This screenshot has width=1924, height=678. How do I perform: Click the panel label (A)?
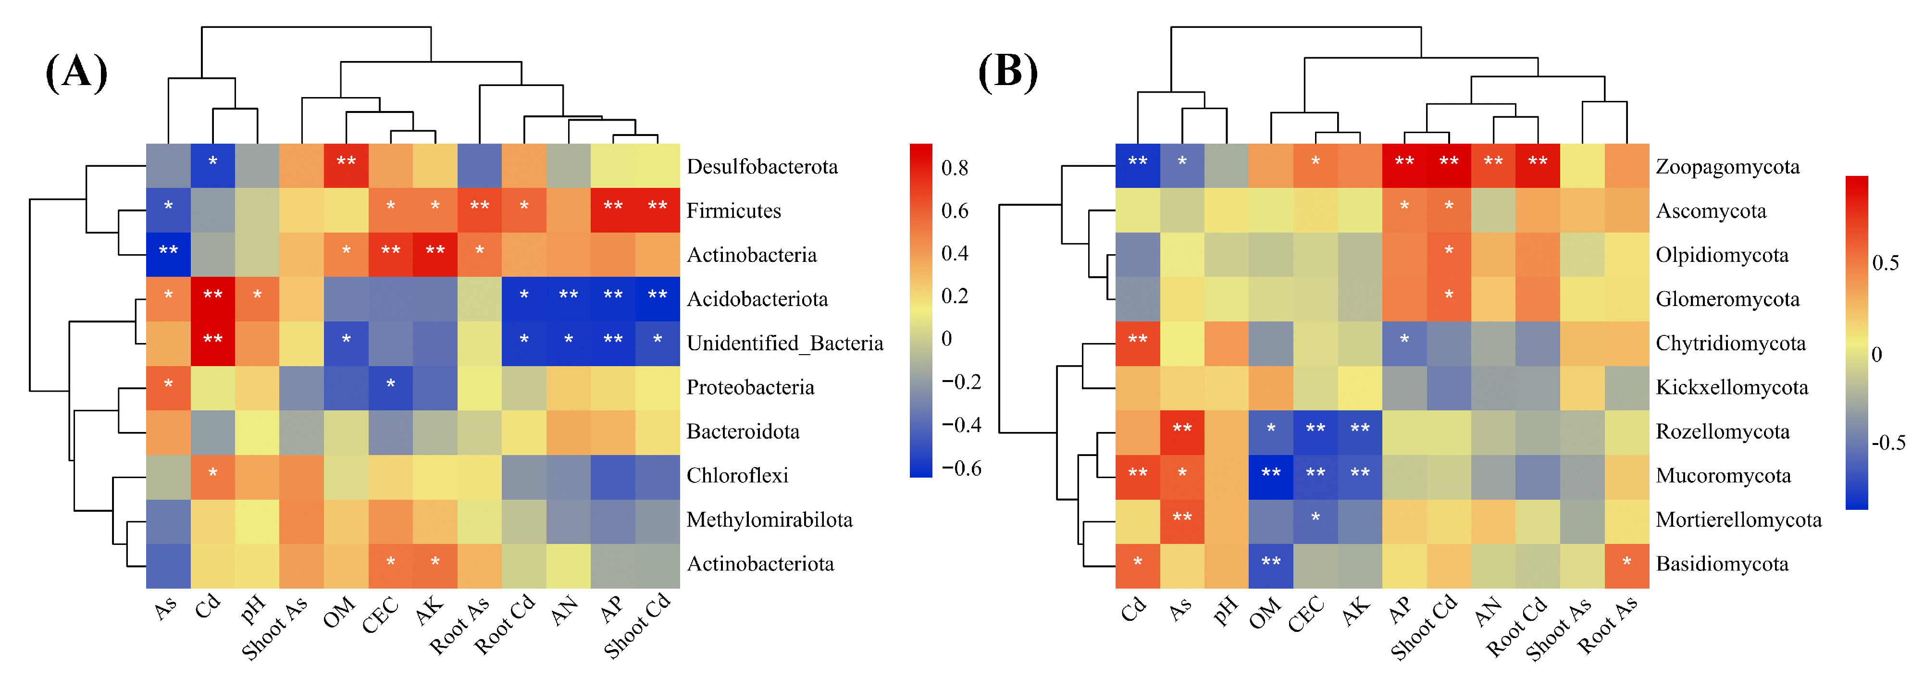tap(76, 73)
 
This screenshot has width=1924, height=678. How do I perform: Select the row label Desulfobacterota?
tap(762, 167)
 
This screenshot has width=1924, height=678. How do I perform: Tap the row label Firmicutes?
tap(733, 210)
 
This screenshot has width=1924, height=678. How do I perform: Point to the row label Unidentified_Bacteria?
tap(784, 344)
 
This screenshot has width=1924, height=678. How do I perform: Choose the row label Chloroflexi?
tap(737, 476)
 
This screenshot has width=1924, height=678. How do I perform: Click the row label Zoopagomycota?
tap(1727, 167)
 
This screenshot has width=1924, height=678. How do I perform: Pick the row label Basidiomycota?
tap(1722, 564)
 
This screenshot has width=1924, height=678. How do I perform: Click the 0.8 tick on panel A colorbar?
tap(955, 168)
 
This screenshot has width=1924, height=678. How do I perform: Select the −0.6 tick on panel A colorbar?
tap(961, 468)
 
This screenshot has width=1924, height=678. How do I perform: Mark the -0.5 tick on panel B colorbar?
tap(1887, 442)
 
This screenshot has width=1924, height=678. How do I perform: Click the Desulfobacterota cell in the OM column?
tap(346, 166)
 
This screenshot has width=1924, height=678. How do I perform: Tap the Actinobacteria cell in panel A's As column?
tap(168, 255)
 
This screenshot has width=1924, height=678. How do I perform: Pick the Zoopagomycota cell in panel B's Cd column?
tap(1138, 166)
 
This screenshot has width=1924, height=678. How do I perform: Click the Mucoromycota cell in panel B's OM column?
tap(1270, 476)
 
